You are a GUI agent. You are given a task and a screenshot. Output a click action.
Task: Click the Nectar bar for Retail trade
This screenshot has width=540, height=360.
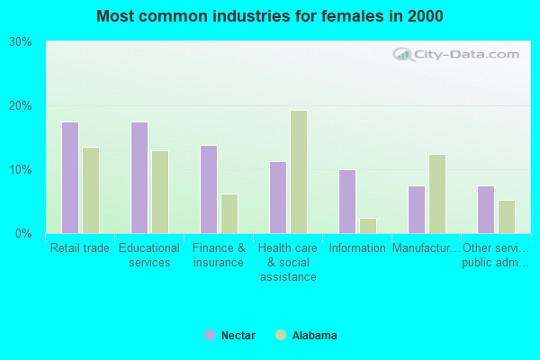(70, 177)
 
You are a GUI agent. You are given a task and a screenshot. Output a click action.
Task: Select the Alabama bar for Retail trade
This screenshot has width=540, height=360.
(91, 190)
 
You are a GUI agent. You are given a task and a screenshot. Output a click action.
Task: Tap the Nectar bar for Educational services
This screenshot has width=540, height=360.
(139, 177)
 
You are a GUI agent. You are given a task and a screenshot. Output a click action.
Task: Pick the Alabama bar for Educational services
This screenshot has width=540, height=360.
(160, 192)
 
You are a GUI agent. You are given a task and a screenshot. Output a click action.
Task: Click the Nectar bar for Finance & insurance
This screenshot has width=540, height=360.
(209, 189)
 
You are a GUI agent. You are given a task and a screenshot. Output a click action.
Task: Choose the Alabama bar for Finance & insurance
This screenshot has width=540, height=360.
(229, 213)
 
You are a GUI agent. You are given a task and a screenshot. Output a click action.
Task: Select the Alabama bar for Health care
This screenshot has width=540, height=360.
(299, 172)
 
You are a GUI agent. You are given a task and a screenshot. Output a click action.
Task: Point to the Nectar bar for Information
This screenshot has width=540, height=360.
(347, 202)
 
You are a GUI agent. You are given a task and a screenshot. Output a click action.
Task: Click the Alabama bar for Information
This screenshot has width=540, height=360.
(368, 225)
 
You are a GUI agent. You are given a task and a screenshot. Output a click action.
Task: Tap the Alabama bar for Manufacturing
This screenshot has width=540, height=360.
(437, 193)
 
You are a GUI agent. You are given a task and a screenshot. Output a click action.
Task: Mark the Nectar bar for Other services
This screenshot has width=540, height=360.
(486, 210)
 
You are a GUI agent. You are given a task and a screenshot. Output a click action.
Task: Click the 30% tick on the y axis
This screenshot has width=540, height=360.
(20, 42)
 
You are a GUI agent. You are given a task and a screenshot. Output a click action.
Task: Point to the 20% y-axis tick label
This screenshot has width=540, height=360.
(20, 106)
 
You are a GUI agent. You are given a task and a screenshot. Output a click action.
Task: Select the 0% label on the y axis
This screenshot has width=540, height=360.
(23, 234)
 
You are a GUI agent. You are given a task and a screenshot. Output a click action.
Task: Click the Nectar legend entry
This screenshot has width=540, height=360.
(230, 336)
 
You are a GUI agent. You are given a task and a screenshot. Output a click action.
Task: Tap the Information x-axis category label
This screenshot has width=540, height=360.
(357, 248)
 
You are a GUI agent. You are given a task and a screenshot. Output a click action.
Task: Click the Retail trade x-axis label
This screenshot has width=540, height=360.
(80, 248)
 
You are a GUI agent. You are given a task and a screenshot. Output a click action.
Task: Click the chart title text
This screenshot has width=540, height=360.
(270, 16)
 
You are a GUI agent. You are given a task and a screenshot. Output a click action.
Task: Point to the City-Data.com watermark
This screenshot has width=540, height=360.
(459, 54)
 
